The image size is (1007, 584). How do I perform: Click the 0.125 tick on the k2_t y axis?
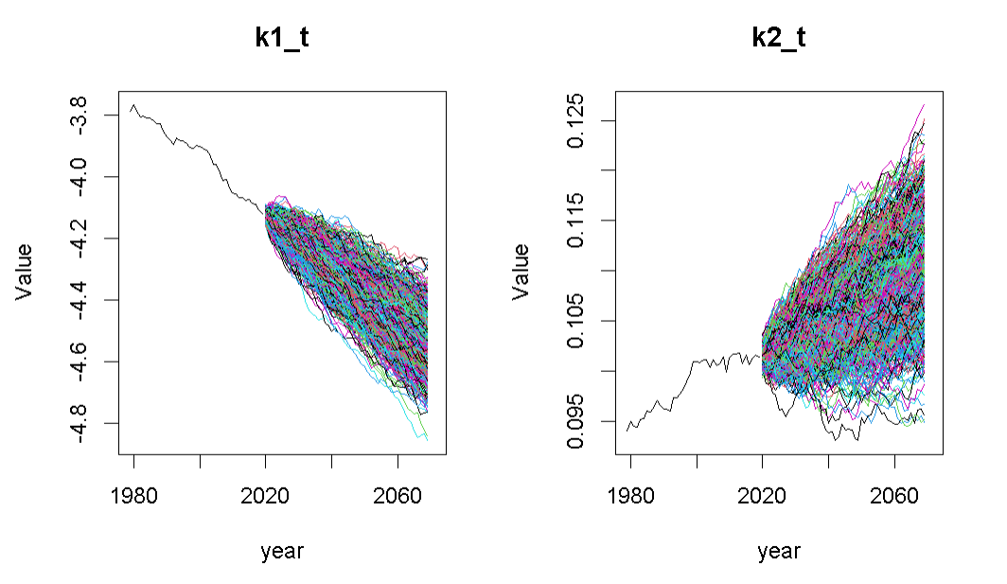(579, 120)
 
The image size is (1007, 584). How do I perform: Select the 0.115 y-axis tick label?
(579, 221)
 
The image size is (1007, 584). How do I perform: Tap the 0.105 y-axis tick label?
(579, 321)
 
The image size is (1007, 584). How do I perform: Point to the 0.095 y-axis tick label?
(579, 421)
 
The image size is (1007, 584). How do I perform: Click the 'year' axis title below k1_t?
(282, 551)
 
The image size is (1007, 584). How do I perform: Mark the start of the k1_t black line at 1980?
(131, 112)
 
